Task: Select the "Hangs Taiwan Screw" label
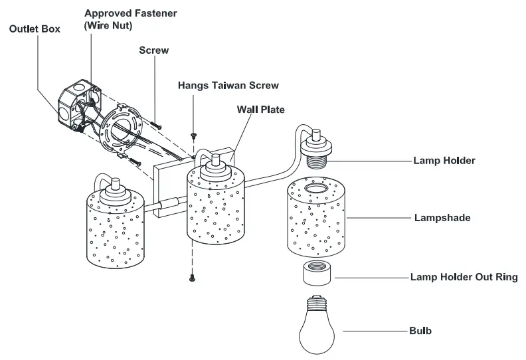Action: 228,86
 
